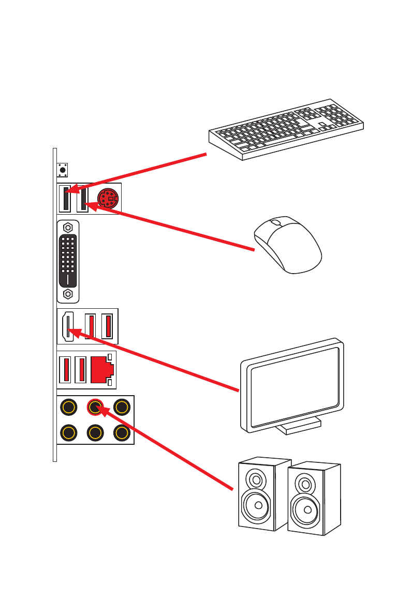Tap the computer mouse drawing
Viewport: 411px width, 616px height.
[288, 246]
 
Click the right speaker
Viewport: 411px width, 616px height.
[313, 499]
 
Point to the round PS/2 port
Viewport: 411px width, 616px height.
[108, 198]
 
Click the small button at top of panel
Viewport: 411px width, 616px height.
[63, 169]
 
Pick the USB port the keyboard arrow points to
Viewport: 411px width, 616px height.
[66, 199]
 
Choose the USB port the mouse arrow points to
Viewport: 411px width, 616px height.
[82, 199]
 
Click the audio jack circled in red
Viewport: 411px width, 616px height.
[94, 408]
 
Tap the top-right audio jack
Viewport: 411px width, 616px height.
[121, 408]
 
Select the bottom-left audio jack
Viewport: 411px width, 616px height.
[67, 432]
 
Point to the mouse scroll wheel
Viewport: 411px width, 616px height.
[276, 223]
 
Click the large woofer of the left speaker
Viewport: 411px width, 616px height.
[255, 505]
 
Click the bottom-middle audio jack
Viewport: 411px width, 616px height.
[94, 432]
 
